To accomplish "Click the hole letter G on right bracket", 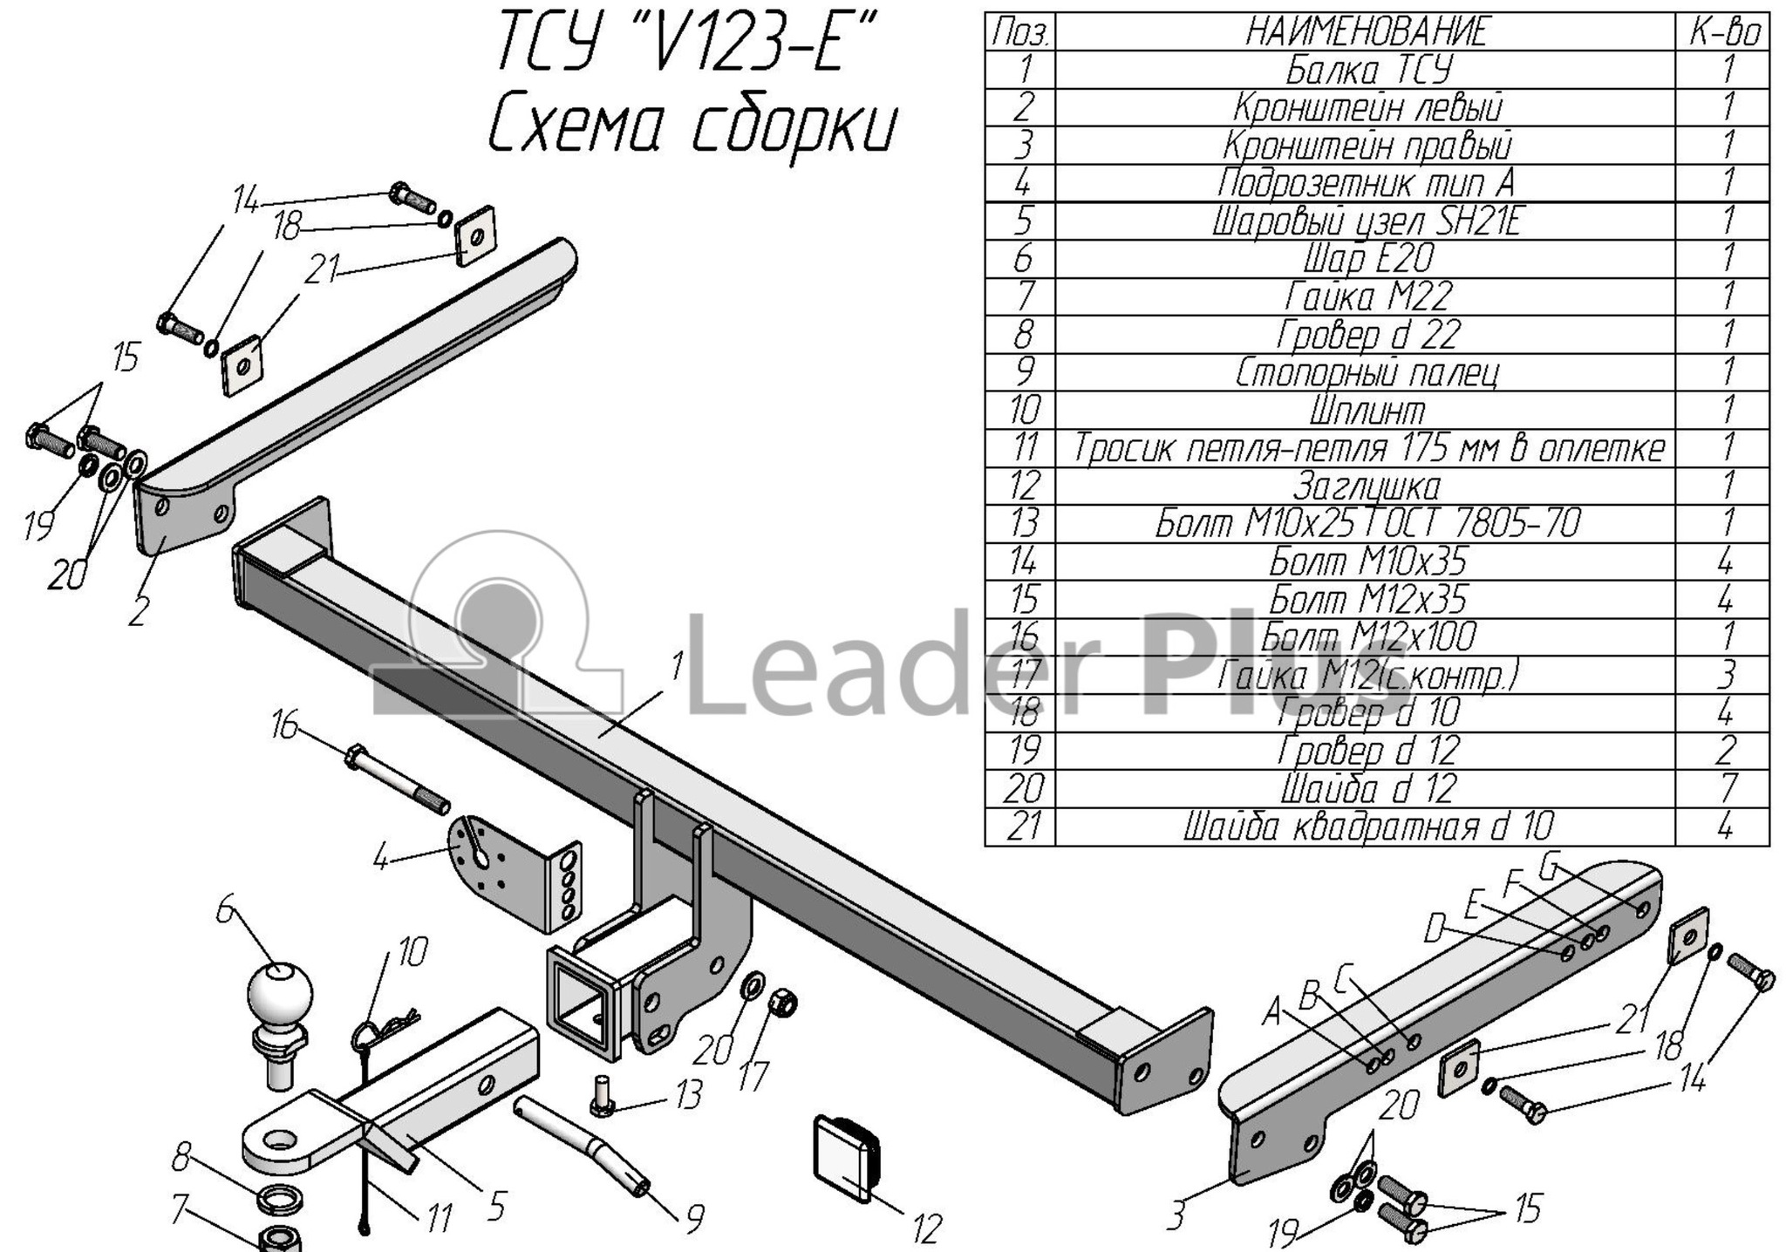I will click(1549, 868).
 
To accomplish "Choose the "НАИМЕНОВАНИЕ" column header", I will click(1367, 32).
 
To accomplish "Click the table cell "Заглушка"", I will click(1367, 486).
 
